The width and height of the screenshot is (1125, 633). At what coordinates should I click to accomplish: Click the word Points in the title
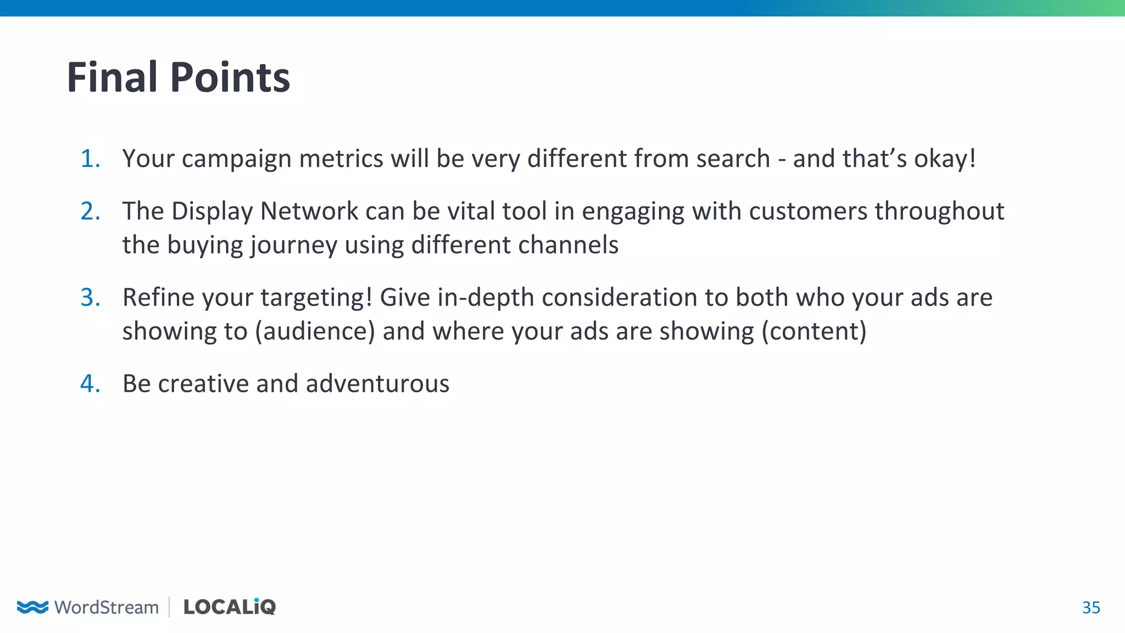[x=230, y=77]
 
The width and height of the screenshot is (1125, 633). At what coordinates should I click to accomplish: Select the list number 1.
[x=90, y=159]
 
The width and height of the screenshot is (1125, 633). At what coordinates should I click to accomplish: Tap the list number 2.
[x=90, y=212]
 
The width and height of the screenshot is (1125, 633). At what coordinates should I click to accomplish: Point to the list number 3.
[x=90, y=298]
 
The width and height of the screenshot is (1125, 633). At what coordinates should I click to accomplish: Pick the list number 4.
[x=90, y=384]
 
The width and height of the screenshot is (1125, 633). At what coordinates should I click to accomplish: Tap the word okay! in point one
[x=945, y=159]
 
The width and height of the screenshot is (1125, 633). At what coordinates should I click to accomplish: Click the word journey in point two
[x=294, y=246]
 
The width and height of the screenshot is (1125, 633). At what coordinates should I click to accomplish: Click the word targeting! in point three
[x=316, y=298]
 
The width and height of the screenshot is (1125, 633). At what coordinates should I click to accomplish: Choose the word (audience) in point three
[x=315, y=331]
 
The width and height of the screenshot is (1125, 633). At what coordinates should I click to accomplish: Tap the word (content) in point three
[x=814, y=331]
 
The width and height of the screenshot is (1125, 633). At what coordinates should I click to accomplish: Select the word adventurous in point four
[x=377, y=384]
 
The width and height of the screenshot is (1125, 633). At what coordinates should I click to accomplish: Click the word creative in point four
[x=203, y=384]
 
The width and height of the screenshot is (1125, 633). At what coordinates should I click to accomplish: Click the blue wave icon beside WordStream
[x=32, y=607]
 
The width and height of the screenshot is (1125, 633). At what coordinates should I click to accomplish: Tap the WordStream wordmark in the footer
[x=107, y=607]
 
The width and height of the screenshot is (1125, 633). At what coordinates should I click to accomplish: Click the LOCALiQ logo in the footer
[x=229, y=607]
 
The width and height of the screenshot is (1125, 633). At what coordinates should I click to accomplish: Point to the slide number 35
[x=1091, y=608]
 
